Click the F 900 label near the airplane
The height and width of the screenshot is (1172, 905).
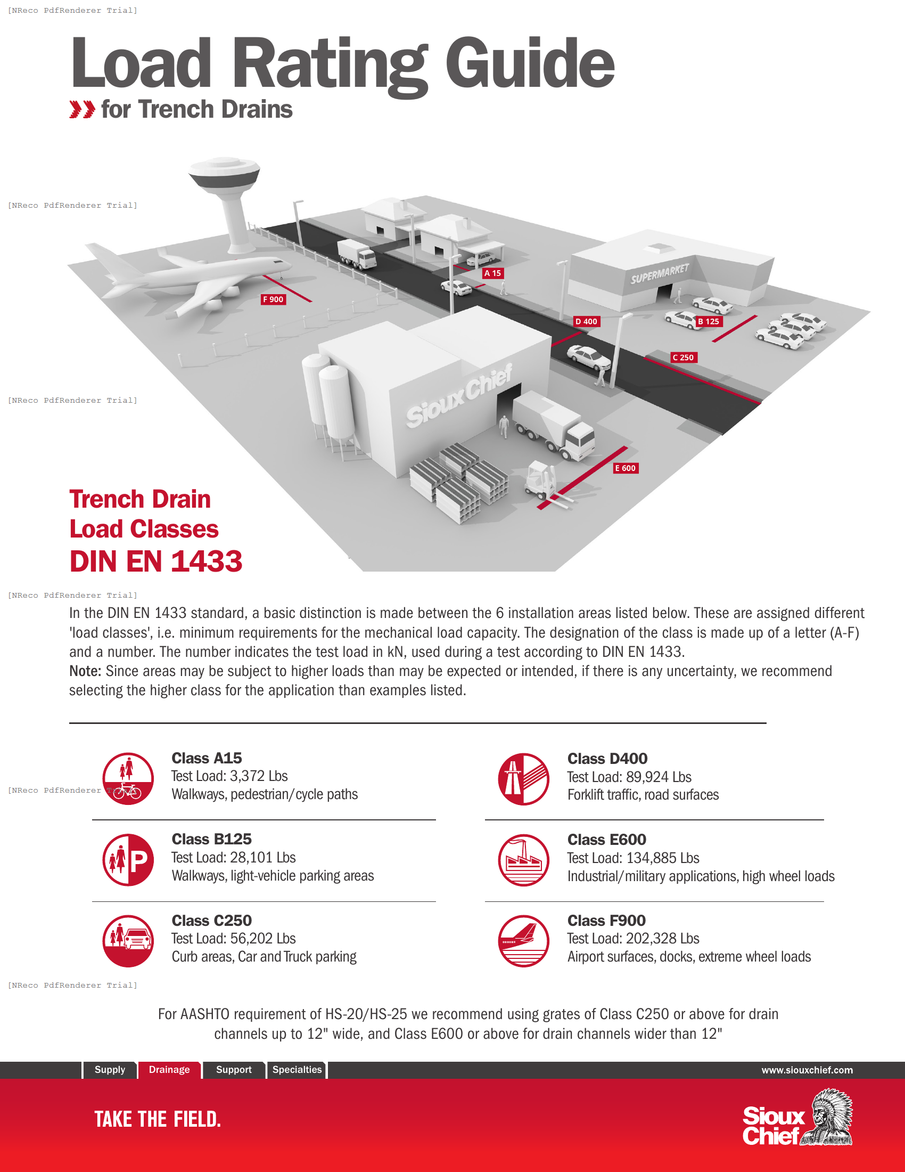pos(274,299)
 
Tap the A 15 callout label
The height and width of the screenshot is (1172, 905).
pos(493,273)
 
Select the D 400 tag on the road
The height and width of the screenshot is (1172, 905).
pos(586,321)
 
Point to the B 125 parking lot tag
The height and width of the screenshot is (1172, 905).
pos(708,321)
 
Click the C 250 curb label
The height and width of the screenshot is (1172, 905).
pos(684,357)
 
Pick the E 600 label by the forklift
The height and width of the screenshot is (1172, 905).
pos(625,468)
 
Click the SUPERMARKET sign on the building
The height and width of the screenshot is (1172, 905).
pos(660,274)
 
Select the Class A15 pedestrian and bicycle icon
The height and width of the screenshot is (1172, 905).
pos(128,779)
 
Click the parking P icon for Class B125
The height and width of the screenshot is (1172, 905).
pos(128,860)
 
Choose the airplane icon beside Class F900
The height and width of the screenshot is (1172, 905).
pos(523,941)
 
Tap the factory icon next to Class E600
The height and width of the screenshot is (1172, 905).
pos(523,860)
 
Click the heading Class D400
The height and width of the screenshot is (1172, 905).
pos(607,758)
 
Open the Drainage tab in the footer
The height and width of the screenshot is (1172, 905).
pos(169,1070)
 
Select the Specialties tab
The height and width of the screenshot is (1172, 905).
pos(297,1070)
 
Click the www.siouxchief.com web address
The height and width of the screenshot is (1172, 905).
pos(807,1070)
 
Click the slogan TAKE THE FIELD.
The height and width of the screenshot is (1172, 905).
pos(158,1119)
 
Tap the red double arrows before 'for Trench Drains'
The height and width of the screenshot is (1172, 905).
pos(82,109)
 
